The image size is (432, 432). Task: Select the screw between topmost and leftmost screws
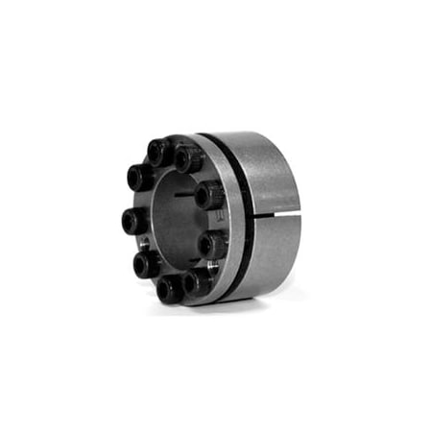coord(140,179)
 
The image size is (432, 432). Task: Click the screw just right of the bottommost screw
coord(199,281)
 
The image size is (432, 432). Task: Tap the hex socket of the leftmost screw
coord(132,222)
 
